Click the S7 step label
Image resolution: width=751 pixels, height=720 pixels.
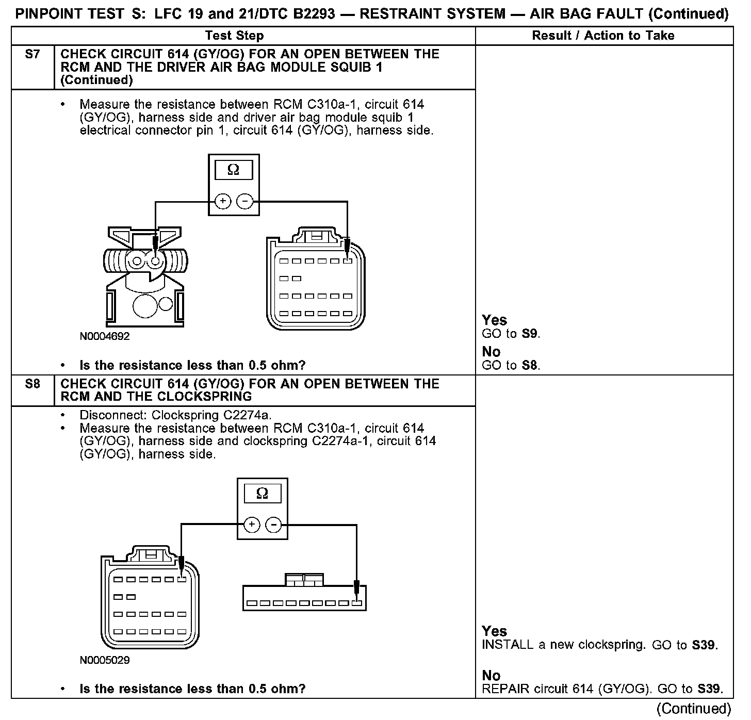[32, 54]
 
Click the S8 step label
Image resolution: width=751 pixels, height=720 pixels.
[32, 384]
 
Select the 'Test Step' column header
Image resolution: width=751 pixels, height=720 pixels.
[234, 36]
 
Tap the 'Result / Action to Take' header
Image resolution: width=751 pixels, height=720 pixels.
[603, 36]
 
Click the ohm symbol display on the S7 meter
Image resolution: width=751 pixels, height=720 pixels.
[233, 170]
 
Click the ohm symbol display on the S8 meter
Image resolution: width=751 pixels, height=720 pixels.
[262, 494]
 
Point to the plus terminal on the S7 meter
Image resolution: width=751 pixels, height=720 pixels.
[222, 201]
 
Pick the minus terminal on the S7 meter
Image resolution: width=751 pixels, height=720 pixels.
[244, 201]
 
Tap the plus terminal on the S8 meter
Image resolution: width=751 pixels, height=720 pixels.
[251, 525]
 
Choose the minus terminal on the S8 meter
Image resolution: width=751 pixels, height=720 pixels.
[273, 525]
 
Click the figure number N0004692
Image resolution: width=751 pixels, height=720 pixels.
[105, 336]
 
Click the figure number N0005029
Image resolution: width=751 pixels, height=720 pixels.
[105, 660]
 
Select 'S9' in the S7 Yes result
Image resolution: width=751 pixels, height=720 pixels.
[529, 334]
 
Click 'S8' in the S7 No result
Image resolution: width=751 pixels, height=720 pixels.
[529, 366]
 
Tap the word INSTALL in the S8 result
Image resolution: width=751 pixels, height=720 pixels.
[502, 645]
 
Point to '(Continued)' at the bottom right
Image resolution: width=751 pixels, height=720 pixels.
[694, 709]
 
